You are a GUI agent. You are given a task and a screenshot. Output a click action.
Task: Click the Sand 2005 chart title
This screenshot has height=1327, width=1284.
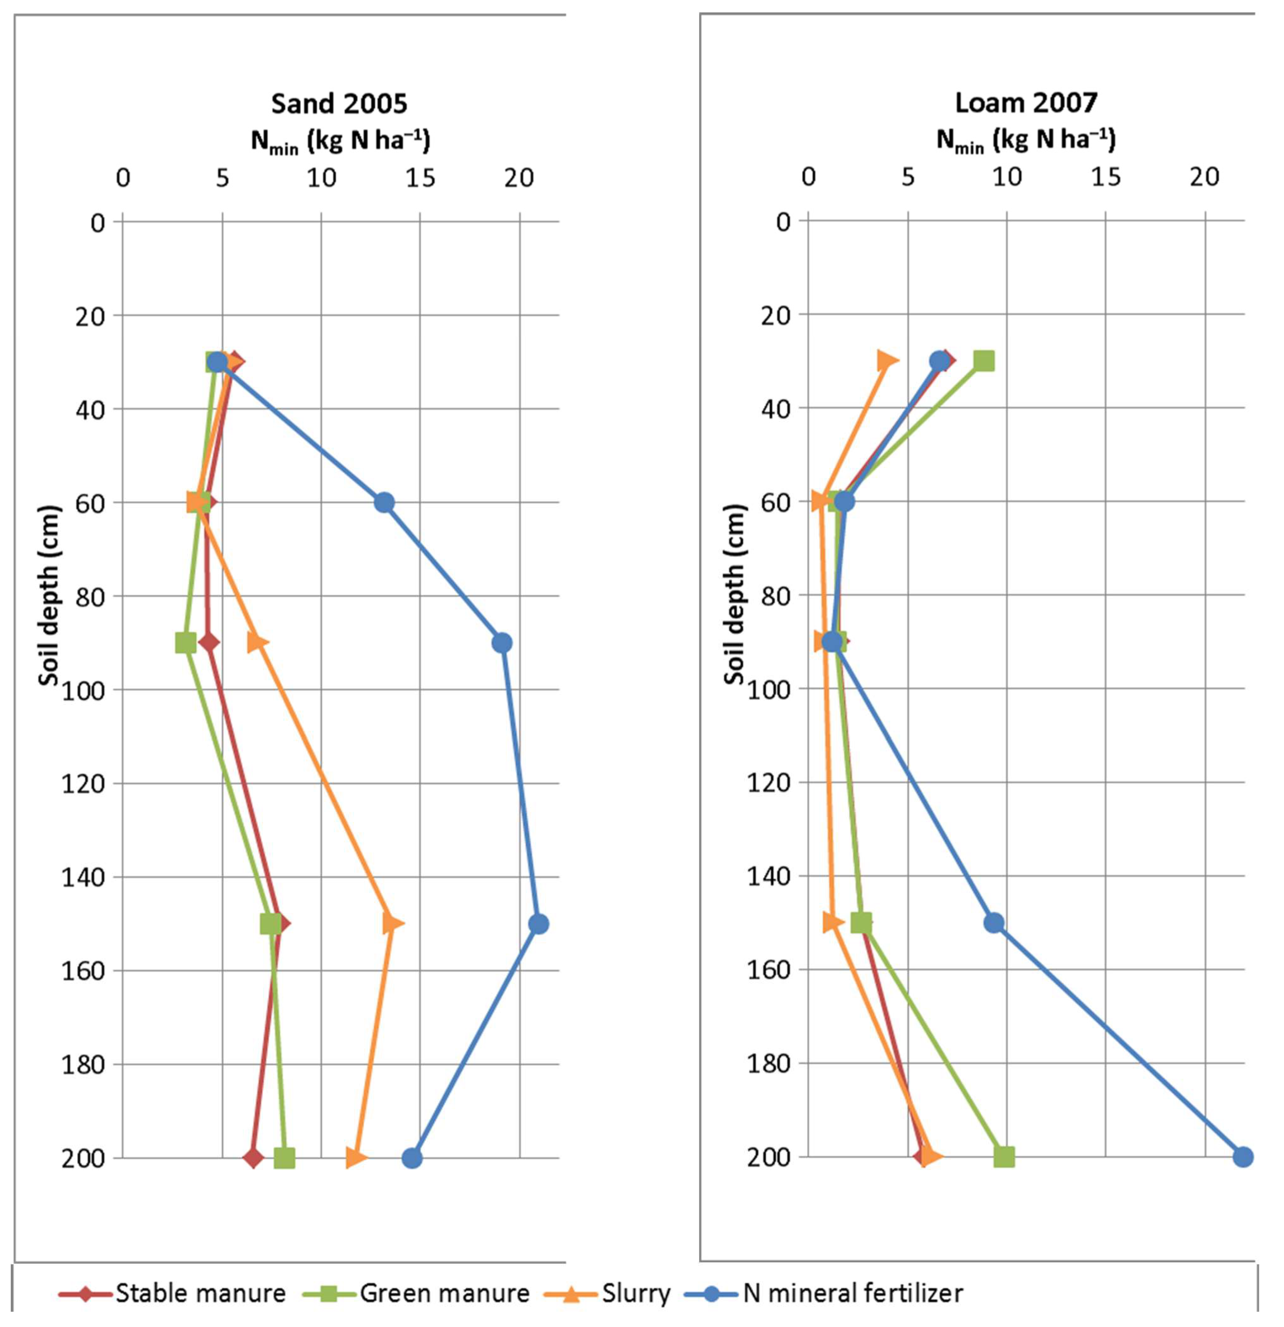(x=339, y=104)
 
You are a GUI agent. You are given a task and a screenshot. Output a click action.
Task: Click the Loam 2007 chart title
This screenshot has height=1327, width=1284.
(x=1026, y=103)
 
